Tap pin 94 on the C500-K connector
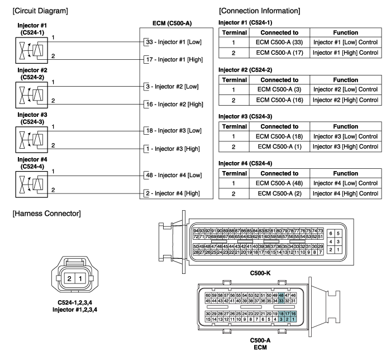tap(196, 230)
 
